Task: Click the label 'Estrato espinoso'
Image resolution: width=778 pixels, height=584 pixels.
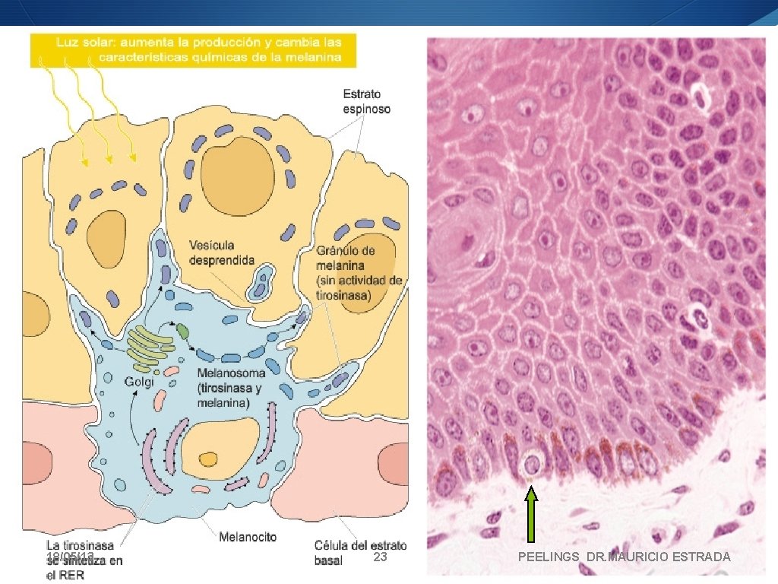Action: (367, 101)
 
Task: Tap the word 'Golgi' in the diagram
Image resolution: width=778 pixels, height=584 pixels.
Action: (139, 382)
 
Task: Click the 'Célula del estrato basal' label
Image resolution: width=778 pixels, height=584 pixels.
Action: (360, 552)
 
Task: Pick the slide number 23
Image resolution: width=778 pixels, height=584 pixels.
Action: (381, 557)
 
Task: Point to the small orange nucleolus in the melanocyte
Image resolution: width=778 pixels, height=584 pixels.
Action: (207, 459)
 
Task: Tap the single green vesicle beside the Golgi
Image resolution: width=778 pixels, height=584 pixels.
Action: (183, 331)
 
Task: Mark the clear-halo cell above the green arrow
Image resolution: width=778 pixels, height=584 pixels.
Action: (531, 463)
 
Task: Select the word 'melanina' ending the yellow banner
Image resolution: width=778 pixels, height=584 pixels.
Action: (312, 56)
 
